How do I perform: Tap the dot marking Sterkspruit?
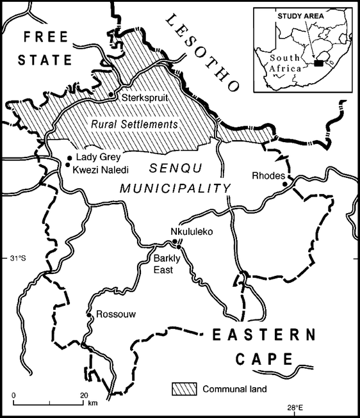111,95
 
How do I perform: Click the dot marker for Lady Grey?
69,157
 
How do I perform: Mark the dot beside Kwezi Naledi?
67,165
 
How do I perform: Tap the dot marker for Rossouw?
88,314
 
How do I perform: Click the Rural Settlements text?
133,124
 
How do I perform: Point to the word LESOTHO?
201,54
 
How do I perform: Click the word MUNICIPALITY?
175,188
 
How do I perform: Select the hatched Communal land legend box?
184,388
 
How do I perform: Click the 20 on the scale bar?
83,394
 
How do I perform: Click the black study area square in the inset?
318,63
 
